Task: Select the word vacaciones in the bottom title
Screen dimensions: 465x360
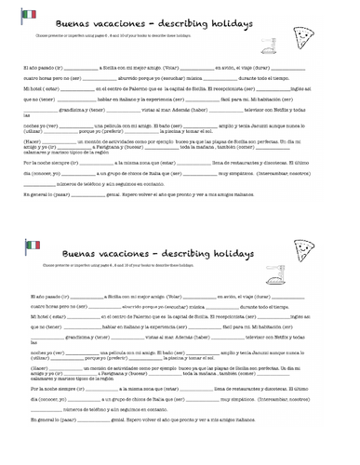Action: click(x=135, y=252)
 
